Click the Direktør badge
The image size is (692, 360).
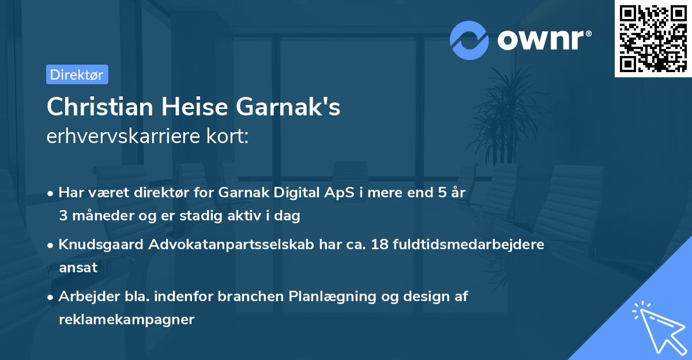77,74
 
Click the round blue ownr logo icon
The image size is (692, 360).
469,40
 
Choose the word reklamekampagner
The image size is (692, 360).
126,320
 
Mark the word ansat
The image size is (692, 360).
78,268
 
